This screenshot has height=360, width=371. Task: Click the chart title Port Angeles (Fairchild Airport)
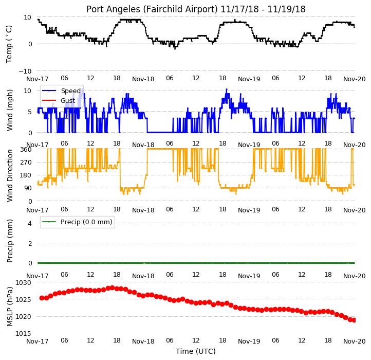click(x=152, y=9)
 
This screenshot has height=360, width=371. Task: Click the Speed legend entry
click(x=61, y=91)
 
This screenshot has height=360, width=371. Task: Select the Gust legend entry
click(x=59, y=101)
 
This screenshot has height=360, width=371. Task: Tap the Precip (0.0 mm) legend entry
click(x=77, y=222)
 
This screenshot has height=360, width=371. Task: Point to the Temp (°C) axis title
click(x=9, y=44)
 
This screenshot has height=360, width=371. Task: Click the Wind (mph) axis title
click(x=9, y=110)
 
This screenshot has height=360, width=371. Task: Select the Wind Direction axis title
click(x=9, y=175)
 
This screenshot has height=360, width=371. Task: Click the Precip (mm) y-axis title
click(x=9, y=241)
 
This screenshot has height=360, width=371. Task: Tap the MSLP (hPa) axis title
click(x=9, y=307)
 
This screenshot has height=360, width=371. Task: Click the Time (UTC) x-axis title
click(x=196, y=351)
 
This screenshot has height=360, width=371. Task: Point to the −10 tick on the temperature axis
click(x=25, y=71)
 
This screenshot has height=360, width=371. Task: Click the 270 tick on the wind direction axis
click(x=26, y=163)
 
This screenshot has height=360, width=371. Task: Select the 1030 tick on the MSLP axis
click(x=23, y=282)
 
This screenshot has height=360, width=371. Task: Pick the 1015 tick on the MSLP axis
click(x=23, y=333)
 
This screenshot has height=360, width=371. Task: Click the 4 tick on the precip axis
click(x=30, y=223)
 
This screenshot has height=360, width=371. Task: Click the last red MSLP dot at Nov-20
click(x=354, y=320)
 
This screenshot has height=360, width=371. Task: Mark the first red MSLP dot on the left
click(x=42, y=298)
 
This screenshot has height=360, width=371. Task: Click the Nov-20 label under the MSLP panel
click(x=354, y=341)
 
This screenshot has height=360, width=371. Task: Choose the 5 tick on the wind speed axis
click(x=30, y=112)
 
